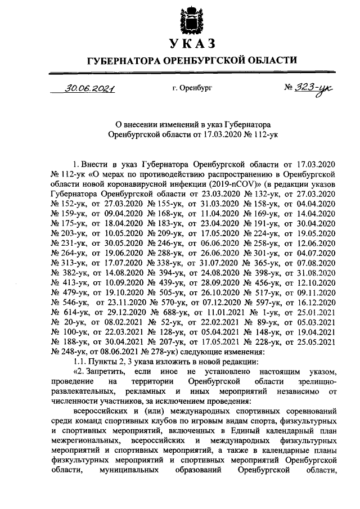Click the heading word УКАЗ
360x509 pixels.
(191, 44)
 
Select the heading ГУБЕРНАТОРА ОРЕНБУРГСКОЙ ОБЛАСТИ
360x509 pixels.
(191, 60)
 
